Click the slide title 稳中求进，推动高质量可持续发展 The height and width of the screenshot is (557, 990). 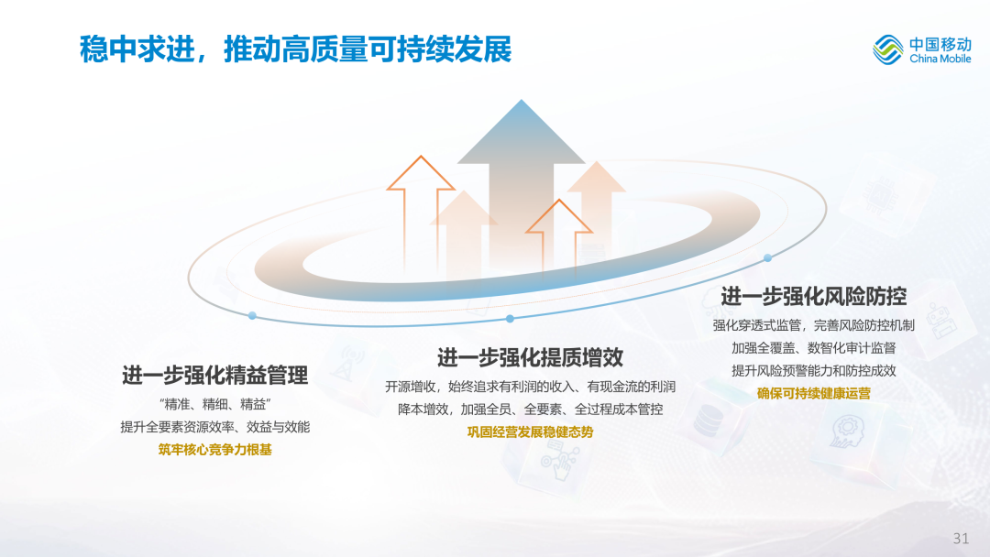point(295,49)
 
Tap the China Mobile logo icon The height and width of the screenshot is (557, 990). point(887,49)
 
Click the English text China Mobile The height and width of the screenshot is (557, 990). point(940,59)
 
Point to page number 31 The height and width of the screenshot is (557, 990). point(961,538)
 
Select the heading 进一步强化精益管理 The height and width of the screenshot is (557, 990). point(214,376)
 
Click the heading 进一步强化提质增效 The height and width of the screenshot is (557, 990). point(531,357)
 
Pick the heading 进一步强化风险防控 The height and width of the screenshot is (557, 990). point(814,296)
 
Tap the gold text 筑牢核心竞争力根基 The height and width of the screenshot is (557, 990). point(214,450)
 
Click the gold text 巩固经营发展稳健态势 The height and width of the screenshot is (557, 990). point(531,432)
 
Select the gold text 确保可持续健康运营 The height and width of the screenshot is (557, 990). point(814,394)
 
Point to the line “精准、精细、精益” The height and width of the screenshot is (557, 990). point(214,404)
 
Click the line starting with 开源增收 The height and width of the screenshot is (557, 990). point(531,387)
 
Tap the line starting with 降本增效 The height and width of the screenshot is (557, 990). point(531,410)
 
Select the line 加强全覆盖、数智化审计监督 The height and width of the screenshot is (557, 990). point(814,348)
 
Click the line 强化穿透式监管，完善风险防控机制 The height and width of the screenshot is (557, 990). point(814,325)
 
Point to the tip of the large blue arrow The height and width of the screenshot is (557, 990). point(522,100)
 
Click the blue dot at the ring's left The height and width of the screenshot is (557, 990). point(252,315)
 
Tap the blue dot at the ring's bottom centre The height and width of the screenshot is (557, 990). point(511,319)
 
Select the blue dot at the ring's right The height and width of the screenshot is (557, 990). point(768,258)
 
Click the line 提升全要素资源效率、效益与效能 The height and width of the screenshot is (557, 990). point(214,427)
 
